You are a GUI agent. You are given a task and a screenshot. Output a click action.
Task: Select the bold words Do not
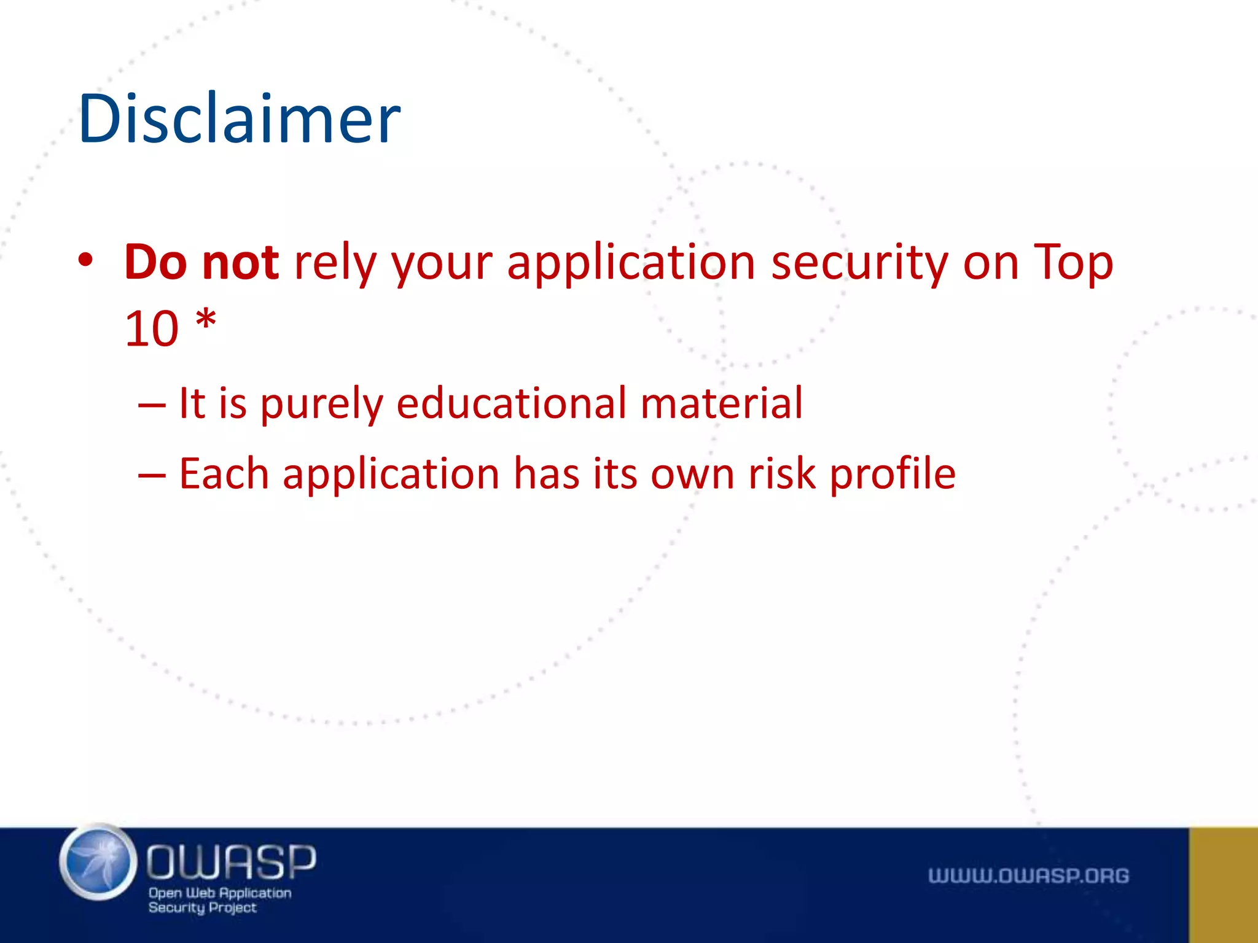click(201, 262)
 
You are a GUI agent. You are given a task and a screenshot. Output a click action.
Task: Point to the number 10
click(152, 329)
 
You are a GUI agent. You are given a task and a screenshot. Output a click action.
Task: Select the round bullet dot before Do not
click(85, 260)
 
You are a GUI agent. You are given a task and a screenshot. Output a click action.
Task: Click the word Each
click(224, 474)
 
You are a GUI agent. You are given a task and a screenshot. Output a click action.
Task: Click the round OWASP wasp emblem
click(98, 862)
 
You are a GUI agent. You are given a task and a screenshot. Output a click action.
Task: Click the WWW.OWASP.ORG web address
click(1028, 875)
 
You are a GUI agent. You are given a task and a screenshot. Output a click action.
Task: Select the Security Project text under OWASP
click(202, 908)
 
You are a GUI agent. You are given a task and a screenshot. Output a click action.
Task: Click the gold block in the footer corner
click(1223, 885)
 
